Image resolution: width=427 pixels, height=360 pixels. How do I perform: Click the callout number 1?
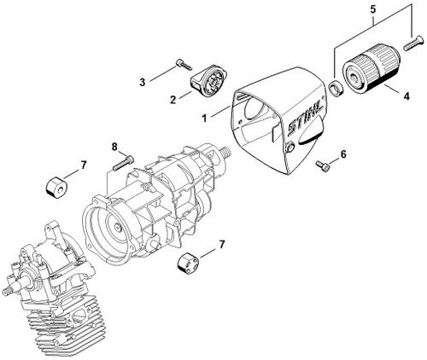[204, 118]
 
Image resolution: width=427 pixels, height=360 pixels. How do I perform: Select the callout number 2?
[173, 100]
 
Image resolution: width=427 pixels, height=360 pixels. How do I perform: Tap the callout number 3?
[143, 83]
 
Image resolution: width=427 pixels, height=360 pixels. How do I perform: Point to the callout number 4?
[407, 96]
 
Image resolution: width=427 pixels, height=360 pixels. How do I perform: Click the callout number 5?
[373, 9]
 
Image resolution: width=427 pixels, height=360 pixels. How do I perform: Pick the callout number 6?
[343, 154]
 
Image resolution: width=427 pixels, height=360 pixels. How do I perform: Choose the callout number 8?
[114, 147]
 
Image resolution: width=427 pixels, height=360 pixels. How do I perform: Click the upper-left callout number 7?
[83, 165]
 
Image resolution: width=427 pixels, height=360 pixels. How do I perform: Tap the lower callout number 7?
[221, 244]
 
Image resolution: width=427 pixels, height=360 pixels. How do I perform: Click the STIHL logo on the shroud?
[306, 117]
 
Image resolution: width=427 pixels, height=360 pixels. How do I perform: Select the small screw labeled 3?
[184, 64]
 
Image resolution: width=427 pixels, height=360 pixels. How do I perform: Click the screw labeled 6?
[323, 165]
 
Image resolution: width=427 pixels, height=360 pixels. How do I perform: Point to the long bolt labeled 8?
[123, 163]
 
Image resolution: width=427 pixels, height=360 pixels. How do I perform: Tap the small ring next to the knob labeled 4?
[336, 90]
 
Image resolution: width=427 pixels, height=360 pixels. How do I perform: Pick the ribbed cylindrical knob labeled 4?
[371, 67]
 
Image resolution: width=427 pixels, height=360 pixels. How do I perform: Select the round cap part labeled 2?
[209, 79]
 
